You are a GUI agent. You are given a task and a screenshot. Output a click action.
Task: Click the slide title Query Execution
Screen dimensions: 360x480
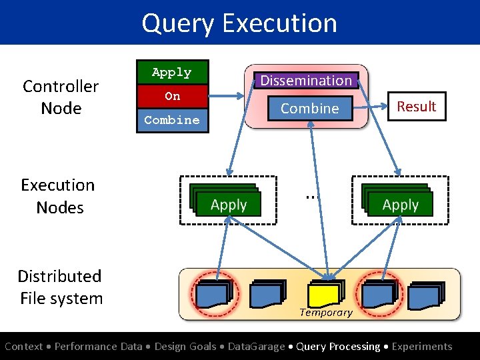pos(239,23)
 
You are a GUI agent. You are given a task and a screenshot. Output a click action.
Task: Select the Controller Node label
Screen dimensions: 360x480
pos(61,97)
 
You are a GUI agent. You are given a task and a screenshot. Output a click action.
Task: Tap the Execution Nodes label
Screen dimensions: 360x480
pos(59,196)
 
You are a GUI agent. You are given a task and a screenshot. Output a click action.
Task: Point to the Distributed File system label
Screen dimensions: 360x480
pos(61,287)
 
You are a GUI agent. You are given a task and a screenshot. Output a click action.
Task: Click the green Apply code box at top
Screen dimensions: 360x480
pos(172,73)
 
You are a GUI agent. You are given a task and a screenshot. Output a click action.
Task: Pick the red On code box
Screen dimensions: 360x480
pos(172,96)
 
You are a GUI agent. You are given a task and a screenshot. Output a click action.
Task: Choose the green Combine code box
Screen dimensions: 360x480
pos(172,120)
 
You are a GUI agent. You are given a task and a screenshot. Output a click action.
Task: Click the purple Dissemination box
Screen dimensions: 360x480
pos(306,80)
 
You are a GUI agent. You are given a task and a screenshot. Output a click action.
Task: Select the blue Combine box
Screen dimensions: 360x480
pos(309,108)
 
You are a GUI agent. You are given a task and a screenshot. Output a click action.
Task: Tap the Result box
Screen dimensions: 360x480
pos(416,106)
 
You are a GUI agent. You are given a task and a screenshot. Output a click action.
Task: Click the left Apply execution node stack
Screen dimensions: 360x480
pos(227,201)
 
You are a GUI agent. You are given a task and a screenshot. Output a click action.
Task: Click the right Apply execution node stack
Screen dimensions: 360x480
pos(399,201)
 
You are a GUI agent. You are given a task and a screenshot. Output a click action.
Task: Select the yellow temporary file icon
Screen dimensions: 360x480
pos(325,293)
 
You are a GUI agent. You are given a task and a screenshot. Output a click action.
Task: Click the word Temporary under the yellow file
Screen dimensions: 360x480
pos(325,312)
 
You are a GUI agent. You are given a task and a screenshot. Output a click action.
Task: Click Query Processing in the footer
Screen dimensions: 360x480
pos(339,346)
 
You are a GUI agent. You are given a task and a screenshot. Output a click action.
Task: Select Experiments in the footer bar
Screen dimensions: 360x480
pos(422,346)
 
